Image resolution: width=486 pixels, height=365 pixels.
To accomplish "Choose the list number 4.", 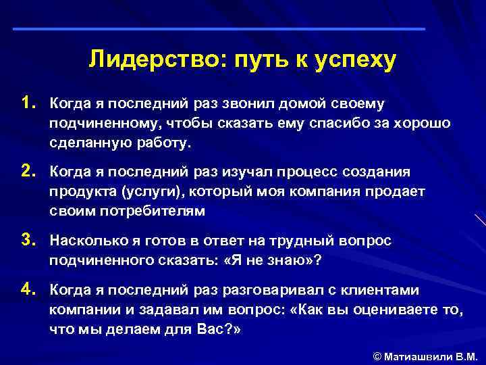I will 27,289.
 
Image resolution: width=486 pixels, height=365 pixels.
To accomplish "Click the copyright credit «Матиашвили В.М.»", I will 431,356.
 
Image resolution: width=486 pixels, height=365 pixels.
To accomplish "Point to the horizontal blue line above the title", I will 219,29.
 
